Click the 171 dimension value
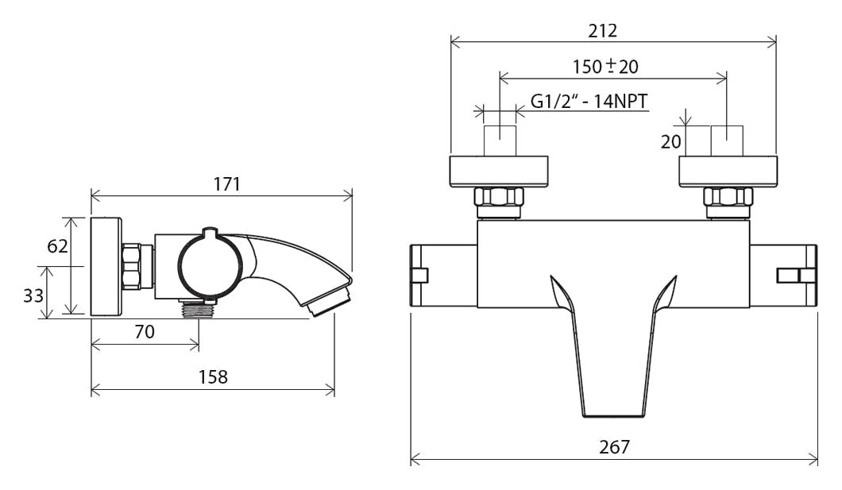pos(226,184)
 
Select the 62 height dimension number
pos(57,246)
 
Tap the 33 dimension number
pos(33,295)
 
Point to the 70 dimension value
pos(145,332)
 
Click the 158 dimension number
pos(213,376)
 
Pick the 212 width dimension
pos(602,31)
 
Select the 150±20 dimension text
pos(605,67)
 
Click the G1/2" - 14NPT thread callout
pos(589,101)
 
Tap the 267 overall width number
pos(614,446)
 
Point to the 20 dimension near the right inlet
pos(670,141)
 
